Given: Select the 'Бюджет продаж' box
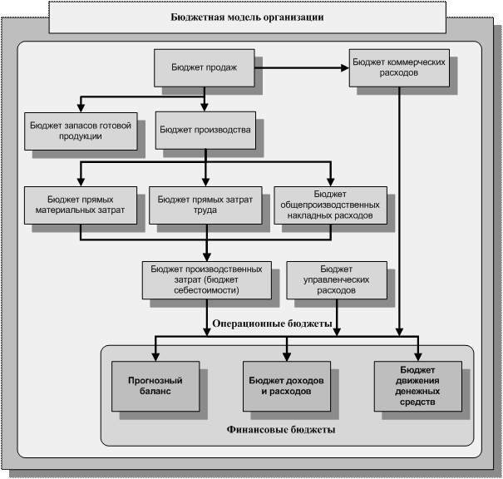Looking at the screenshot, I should coord(204,68).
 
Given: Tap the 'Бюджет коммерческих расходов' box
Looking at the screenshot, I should coord(401,67).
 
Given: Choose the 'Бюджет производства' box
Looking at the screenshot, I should coord(204,130).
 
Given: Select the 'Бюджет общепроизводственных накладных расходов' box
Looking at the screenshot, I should coord(330,204).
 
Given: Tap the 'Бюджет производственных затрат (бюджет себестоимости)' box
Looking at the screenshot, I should coord(207,280).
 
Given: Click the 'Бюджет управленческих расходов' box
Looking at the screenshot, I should coord(337,280).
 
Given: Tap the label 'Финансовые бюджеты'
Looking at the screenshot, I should coord(281,430).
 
